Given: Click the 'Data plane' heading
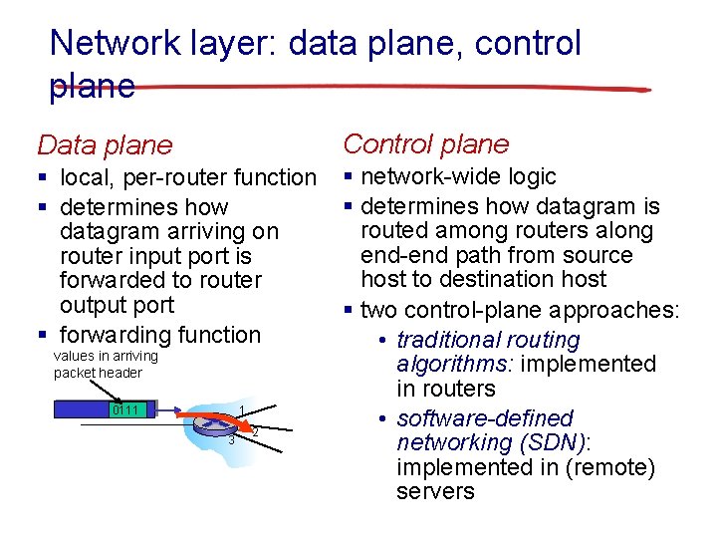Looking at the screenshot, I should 104,145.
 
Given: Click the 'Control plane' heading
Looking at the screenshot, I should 425,144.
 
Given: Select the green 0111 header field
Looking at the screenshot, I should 126,409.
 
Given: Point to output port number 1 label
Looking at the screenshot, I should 242,411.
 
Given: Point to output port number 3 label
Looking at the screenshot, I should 231,440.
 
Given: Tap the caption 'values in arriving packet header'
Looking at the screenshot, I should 105,364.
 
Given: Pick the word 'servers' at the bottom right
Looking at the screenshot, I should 435,491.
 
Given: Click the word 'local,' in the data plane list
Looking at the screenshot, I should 87,177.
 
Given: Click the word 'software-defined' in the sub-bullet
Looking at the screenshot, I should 485,418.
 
